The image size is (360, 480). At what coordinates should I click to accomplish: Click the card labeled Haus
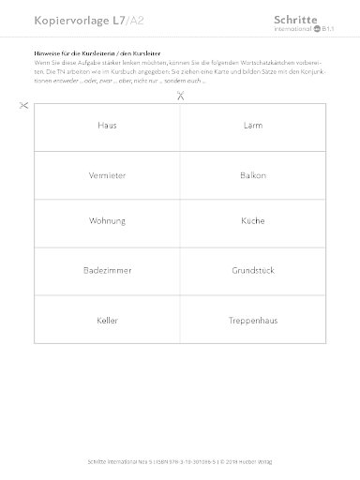point(106,126)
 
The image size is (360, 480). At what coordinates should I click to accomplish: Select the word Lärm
point(251,126)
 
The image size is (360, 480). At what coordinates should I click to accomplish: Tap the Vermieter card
point(106,174)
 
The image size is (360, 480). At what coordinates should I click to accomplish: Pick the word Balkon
point(251,174)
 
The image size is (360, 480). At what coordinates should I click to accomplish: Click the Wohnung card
point(106,222)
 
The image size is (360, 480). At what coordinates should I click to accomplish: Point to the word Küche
point(251,222)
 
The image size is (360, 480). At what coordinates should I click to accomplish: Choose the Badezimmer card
point(106,271)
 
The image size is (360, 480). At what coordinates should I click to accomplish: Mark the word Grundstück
point(251,271)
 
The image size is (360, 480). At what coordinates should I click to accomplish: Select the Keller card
point(106,320)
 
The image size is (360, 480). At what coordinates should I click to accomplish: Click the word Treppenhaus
point(251,320)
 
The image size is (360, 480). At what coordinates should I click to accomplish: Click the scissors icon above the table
point(179,95)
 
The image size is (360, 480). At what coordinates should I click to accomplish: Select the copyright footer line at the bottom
point(179,462)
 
